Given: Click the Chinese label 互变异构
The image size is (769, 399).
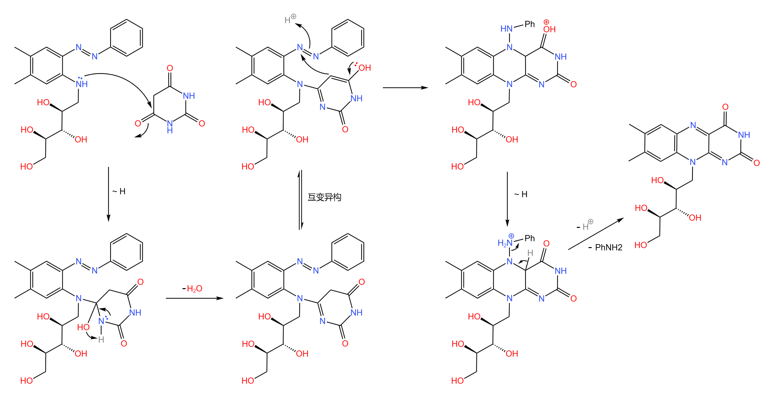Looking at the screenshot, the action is tap(324, 197).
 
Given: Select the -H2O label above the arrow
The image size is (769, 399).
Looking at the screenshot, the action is tap(193, 288).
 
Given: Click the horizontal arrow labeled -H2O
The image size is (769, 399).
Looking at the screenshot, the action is tap(194, 298).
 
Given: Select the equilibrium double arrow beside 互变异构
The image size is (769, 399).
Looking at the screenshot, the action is tap(300, 199).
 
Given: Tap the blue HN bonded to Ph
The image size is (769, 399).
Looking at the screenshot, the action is tap(506, 29).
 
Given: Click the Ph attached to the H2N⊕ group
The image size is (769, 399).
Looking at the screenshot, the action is tap(530, 238).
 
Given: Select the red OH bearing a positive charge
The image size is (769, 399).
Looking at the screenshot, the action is tap(549, 29).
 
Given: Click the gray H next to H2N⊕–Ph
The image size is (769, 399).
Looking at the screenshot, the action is tap(530, 253).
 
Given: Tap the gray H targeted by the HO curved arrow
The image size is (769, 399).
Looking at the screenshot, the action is tap(101, 340).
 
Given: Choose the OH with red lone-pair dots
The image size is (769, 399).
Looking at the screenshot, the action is tap(364, 67).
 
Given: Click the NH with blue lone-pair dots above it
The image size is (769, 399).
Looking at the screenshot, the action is tap(81, 84).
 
